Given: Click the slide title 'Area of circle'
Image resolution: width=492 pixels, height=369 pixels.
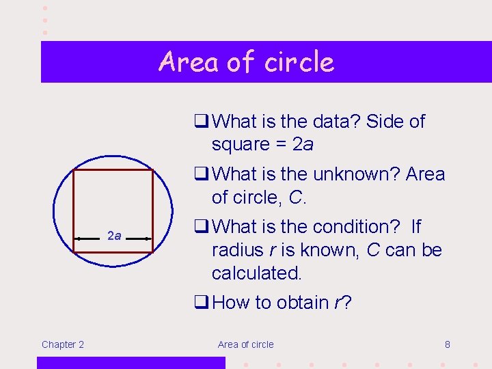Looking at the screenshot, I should click(x=246, y=61).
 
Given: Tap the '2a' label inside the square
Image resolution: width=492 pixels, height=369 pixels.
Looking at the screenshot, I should click(x=114, y=236).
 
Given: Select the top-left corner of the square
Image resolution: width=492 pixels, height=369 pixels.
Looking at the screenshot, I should click(x=74, y=170).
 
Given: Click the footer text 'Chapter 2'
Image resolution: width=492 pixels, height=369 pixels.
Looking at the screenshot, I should click(x=63, y=344).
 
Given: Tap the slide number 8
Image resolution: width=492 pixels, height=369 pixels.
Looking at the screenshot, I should click(x=448, y=344).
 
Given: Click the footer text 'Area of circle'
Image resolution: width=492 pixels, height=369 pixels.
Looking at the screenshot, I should click(x=245, y=344).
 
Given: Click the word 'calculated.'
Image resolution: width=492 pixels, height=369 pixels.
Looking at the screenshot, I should click(x=257, y=273).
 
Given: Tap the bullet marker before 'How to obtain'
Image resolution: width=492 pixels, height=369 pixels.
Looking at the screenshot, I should click(x=200, y=303).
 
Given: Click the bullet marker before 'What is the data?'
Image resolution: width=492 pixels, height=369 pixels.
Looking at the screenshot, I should click(x=200, y=122).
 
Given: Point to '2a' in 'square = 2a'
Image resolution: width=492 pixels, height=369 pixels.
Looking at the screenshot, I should click(x=303, y=145).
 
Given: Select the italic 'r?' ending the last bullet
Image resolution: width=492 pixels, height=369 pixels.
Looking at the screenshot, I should click(x=342, y=303).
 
